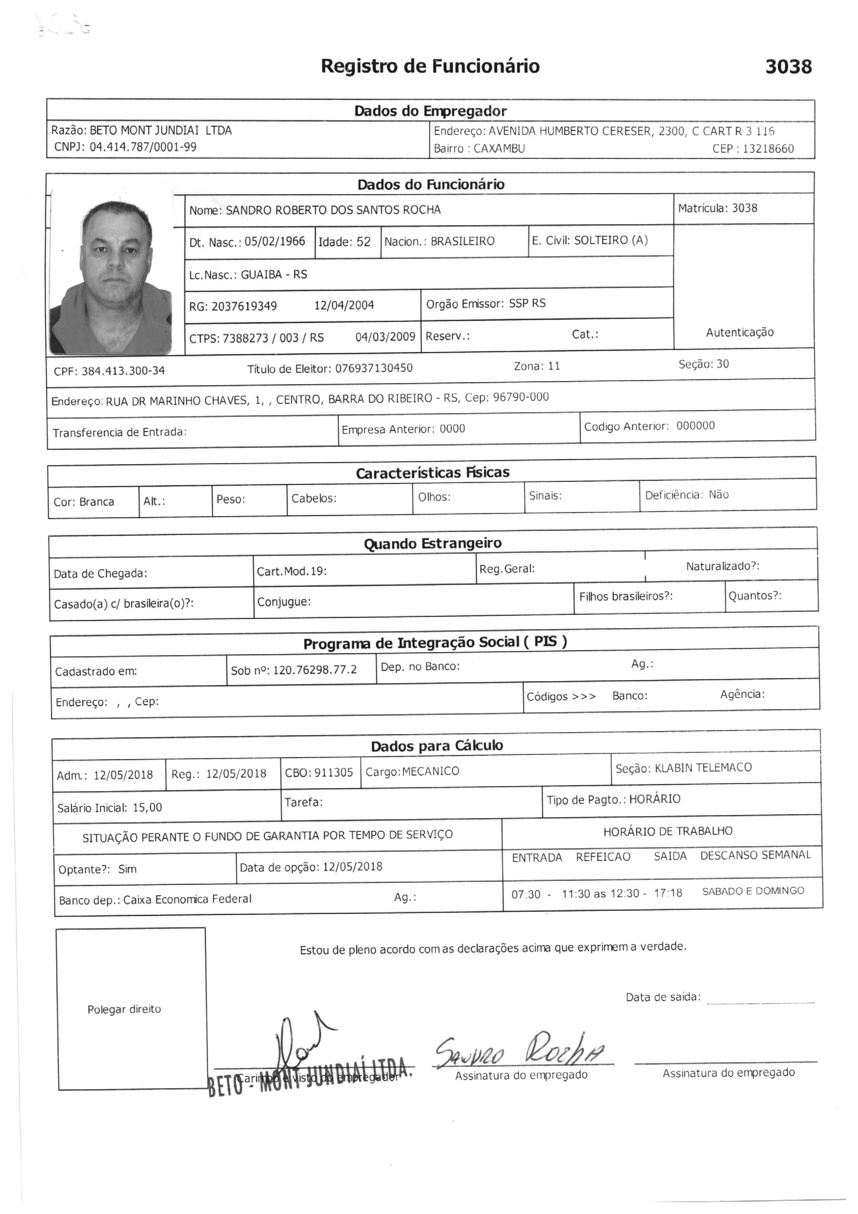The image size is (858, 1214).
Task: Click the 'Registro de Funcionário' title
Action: tap(430, 66)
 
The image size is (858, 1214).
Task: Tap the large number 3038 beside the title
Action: tap(788, 67)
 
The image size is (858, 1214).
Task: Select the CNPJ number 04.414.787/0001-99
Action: tap(143, 147)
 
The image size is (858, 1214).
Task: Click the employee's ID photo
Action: tap(111, 273)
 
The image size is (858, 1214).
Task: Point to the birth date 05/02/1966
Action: tap(275, 241)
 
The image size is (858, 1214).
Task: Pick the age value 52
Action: tap(363, 242)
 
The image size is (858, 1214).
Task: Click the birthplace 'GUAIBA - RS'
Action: tap(274, 274)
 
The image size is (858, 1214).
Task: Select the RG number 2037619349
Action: tap(244, 306)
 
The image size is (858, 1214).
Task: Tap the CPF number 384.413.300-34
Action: tap(122, 371)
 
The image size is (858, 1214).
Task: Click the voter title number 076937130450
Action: tap(374, 368)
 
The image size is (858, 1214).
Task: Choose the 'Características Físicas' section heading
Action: tap(432, 473)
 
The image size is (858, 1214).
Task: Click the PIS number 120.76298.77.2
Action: tap(315, 670)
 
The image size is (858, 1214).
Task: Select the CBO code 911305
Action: tap(333, 773)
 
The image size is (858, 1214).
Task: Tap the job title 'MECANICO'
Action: tap(430, 772)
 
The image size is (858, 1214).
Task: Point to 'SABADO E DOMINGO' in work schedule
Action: tap(753, 891)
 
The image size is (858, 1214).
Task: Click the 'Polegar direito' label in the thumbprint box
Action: tap(124, 1009)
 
